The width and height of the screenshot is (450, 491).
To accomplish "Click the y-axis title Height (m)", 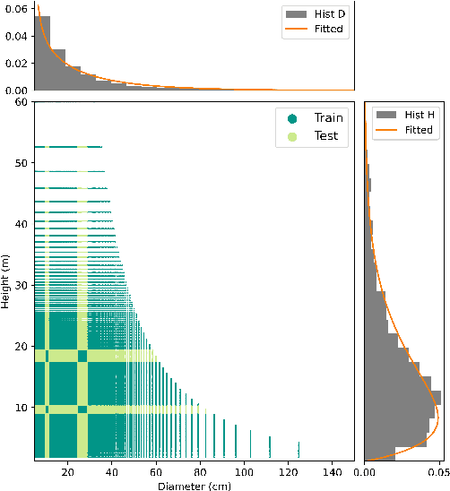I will coord(6,280).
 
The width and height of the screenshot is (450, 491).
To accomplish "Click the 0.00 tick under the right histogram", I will coord(365,469).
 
